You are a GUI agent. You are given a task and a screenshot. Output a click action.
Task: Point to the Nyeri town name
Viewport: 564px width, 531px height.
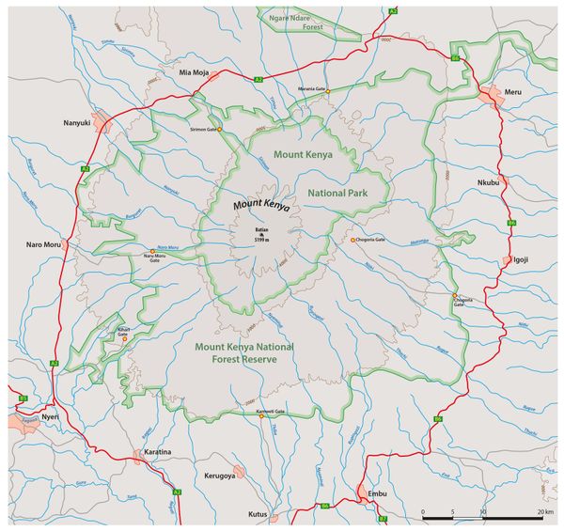[x=49, y=414]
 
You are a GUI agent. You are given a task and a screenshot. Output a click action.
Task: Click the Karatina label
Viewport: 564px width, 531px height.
[x=158, y=452]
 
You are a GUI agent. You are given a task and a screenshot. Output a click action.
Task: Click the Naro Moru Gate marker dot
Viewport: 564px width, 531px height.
[x=152, y=251]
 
